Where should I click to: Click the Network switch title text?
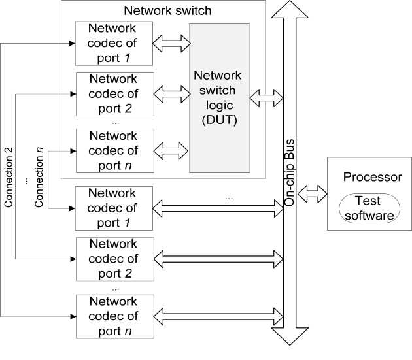162,11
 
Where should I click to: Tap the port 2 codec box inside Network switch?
114,93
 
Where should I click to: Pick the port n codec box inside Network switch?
114,149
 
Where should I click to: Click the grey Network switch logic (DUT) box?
220,97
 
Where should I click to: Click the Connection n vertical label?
39,178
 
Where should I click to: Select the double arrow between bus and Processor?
313,192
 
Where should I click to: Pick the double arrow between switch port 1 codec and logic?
171,44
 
